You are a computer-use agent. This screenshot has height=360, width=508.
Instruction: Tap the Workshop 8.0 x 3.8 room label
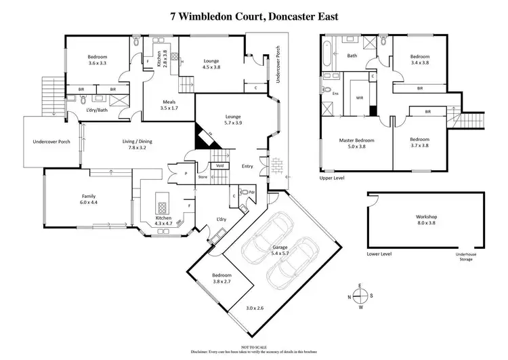[x=426, y=220]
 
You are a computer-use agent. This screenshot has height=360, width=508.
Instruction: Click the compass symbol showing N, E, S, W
[x=362, y=296]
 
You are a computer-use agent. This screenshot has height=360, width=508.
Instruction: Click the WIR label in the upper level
[x=359, y=98]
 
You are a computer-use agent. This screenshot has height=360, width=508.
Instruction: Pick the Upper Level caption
[x=333, y=179]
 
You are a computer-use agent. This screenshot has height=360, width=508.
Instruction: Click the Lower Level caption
[x=378, y=254]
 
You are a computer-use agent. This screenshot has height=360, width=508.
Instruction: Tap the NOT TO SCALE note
[x=254, y=346]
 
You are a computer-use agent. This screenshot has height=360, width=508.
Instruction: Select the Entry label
[x=248, y=165]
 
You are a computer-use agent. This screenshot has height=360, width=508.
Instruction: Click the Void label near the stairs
[x=219, y=165]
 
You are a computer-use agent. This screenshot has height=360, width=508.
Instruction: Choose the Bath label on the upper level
[x=352, y=56]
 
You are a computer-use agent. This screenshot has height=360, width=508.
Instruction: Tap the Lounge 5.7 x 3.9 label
[x=233, y=120]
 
